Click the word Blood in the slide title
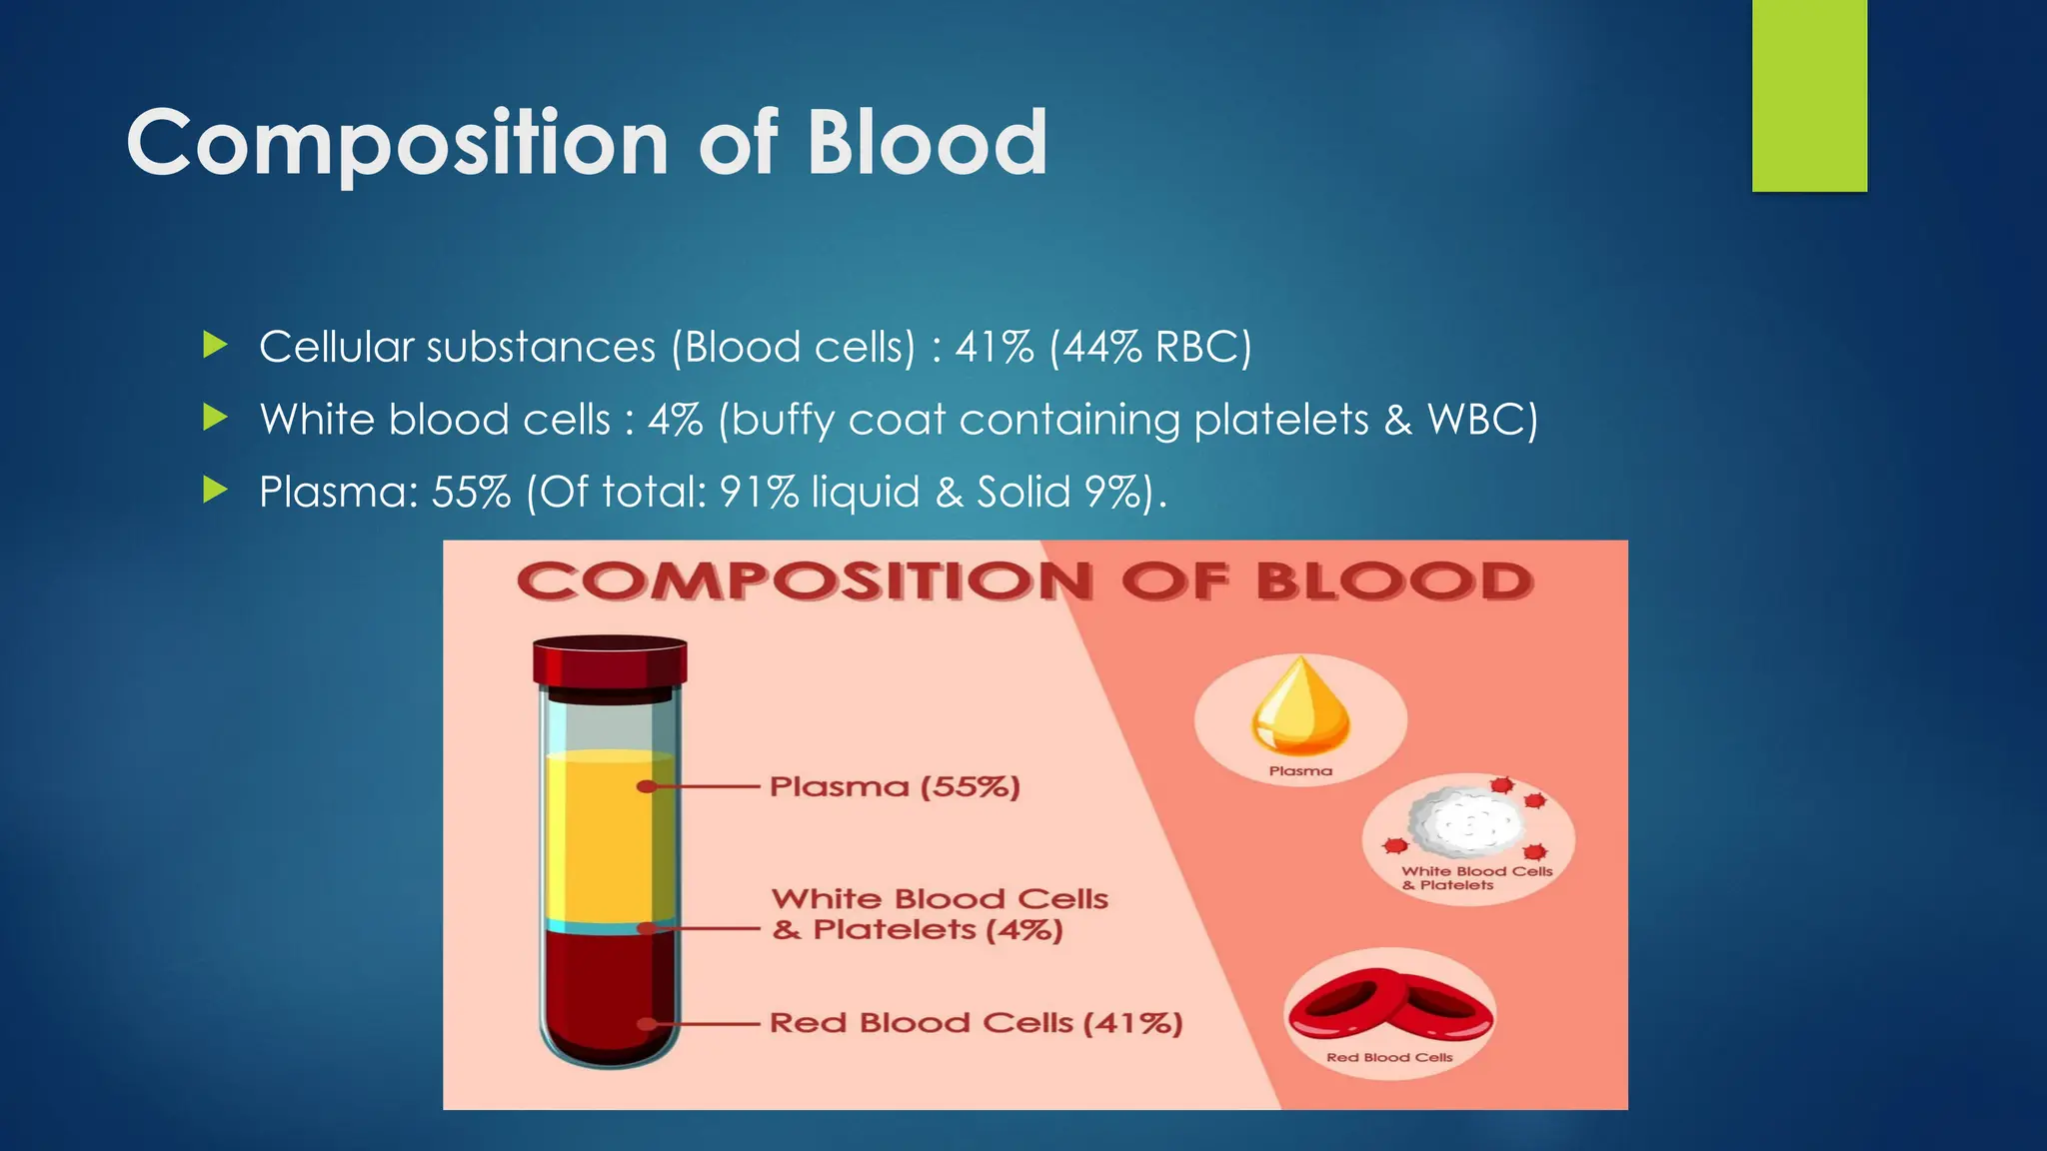point(927,143)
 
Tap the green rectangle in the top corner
point(1809,95)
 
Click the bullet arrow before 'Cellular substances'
point(215,346)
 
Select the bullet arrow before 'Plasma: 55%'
point(215,490)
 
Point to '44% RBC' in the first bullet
point(1150,348)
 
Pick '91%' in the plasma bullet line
point(759,492)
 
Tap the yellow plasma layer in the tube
point(600,839)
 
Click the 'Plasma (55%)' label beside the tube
point(895,787)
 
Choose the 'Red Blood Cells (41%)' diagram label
point(976,1023)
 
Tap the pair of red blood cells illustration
point(1389,1004)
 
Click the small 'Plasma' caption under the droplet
point(1300,771)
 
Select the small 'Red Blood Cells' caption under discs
point(1389,1057)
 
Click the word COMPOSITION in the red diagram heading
point(805,582)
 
